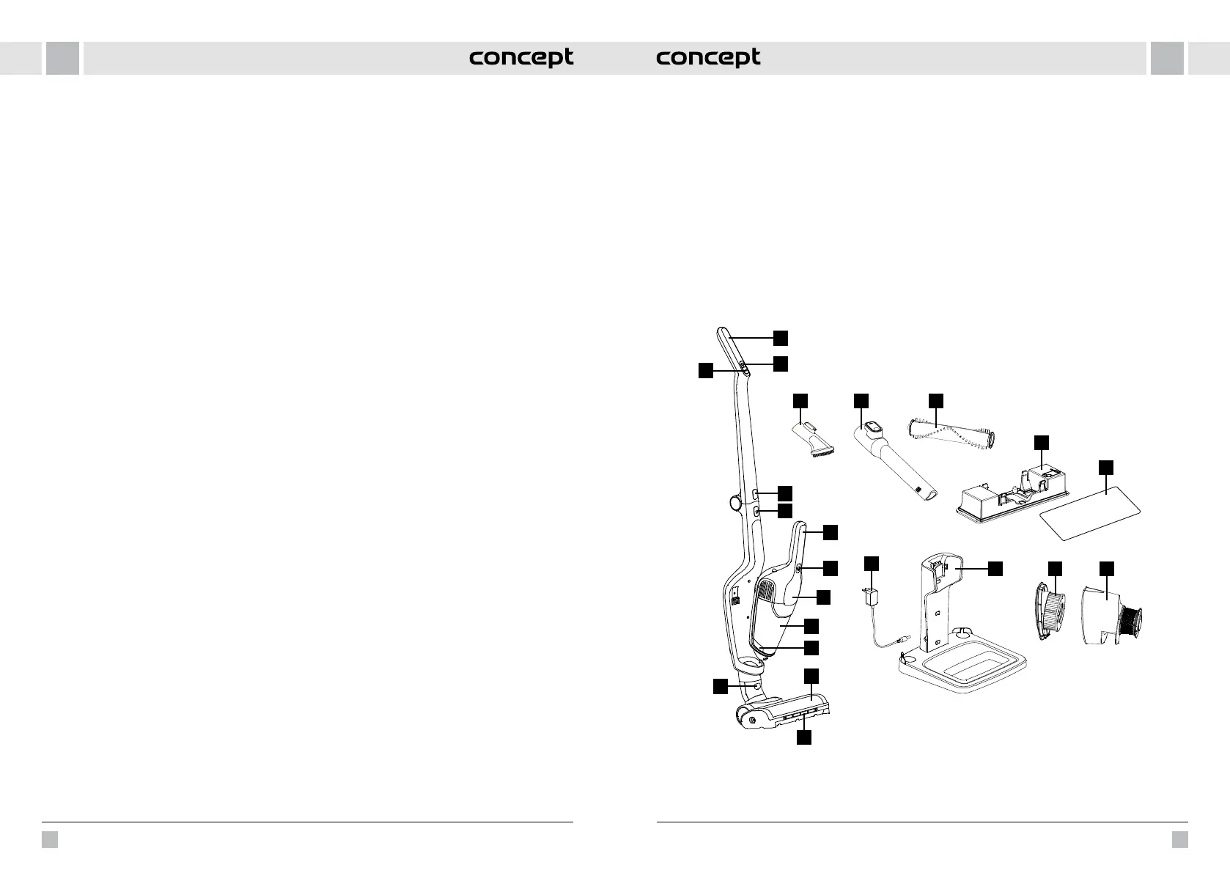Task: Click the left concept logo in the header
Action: pyautogui.click(x=521, y=58)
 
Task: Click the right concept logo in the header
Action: pyautogui.click(x=708, y=58)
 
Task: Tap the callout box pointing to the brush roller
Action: pyautogui.click(x=935, y=400)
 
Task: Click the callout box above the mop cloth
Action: pyautogui.click(x=1106, y=468)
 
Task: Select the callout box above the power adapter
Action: pyautogui.click(x=871, y=564)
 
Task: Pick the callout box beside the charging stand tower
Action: pyautogui.click(x=995, y=569)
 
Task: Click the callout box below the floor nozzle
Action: pyautogui.click(x=804, y=738)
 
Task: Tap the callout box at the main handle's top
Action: pyautogui.click(x=781, y=336)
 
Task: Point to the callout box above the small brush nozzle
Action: pyautogui.click(x=800, y=400)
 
